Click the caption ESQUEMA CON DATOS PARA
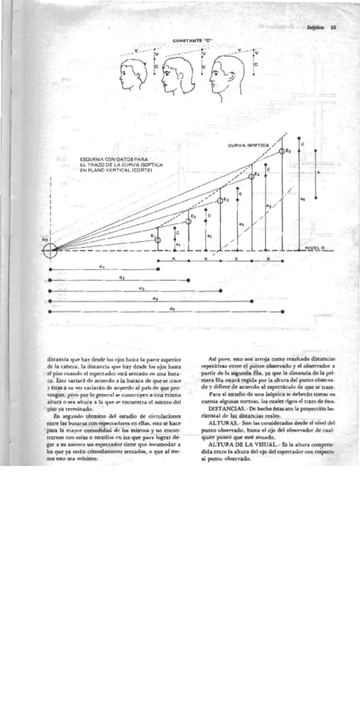point(113,158)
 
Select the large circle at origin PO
point(50,250)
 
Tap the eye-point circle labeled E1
point(157,241)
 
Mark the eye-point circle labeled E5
point(284,151)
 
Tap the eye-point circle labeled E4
point(251,177)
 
